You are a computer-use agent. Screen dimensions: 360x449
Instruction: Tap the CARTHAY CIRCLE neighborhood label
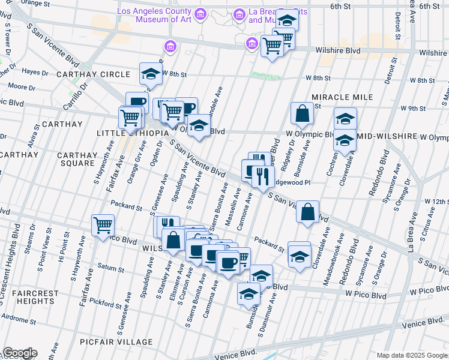[93, 74]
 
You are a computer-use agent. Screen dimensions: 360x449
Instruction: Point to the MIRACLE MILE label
[342, 97]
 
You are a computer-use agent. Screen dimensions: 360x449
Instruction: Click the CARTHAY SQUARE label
[76, 159]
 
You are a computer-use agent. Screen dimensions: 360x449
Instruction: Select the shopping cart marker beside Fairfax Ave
[103, 225]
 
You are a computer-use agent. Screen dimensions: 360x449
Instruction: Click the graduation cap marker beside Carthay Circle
[151, 74]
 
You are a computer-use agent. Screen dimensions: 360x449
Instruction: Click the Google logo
[19, 353]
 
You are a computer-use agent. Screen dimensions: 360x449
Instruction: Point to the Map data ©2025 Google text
[411, 355]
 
